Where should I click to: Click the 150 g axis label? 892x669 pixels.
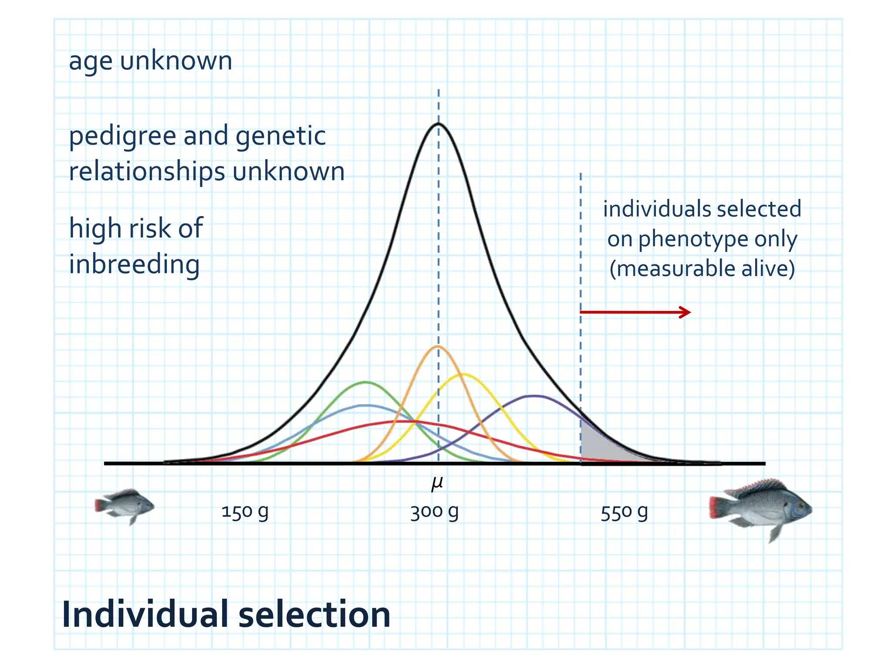point(245,512)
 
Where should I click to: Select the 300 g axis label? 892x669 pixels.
point(434,512)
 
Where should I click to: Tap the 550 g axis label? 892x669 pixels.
point(624,513)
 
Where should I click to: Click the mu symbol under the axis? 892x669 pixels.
point(437,483)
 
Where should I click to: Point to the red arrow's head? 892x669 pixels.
point(687,312)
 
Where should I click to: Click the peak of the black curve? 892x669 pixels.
point(438,124)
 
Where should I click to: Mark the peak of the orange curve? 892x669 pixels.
point(438,347)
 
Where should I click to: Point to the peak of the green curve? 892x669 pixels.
point(366,382)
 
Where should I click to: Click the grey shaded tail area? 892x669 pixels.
point(599,449)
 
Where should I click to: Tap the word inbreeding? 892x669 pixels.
point(134,264)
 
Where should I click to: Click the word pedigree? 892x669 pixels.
point(122,137)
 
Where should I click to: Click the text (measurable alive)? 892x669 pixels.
point(702,268)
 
